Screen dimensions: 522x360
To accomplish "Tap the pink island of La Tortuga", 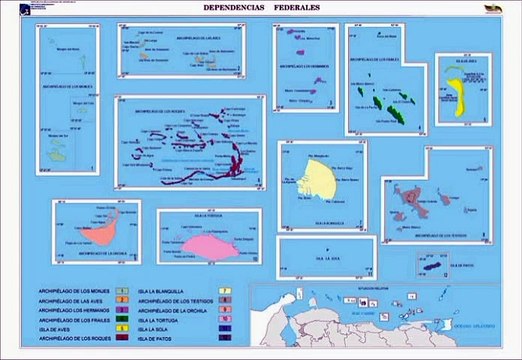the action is [x=208, y=244].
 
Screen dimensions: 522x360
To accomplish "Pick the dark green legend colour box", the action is [x=121, y=320].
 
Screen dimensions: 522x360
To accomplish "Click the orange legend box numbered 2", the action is [x=121, y=299].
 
